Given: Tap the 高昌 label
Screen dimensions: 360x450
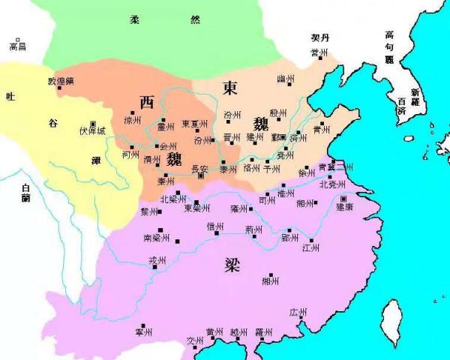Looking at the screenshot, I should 17,46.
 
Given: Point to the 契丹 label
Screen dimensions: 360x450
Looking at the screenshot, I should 320,37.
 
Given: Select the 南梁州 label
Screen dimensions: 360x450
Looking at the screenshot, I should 156,238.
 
